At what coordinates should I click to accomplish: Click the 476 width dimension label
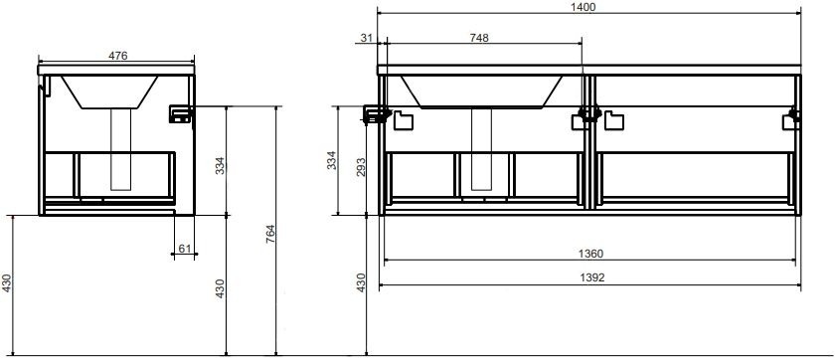coord(117,56)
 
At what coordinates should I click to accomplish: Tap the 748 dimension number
coord(479,37)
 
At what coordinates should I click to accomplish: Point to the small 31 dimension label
coord(367,37)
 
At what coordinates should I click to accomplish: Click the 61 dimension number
coord(184,249)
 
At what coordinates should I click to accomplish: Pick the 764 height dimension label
coord(270,235)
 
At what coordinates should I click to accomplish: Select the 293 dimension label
coord(362,168)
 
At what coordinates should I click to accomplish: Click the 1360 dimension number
coord(590,254)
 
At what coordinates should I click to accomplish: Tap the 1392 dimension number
coord(590,277)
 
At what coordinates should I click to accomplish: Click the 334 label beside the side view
coord(220,166)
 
